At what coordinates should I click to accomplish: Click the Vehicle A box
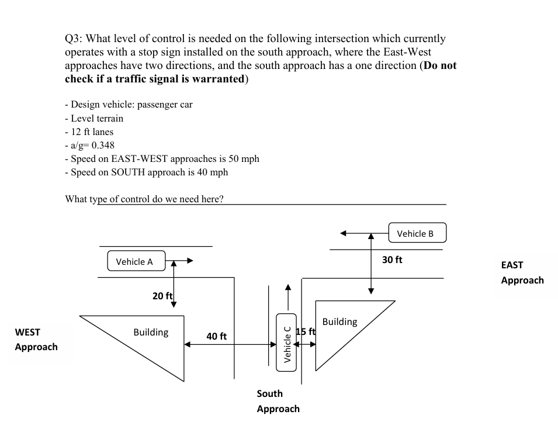[x=136, y=261]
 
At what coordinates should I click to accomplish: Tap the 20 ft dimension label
[x=162, y=296]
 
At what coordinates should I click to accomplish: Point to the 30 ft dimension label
[x=391, y=260]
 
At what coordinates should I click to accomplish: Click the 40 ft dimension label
[x=216, y=336]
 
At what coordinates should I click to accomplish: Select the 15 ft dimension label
[x=306, y=332]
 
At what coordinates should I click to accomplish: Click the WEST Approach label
[x=36, y=340]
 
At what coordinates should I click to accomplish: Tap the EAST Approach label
[x=522, y=272]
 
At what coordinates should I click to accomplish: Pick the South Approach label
[x=278, y=401]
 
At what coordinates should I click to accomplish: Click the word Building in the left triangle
[x=151, y=332]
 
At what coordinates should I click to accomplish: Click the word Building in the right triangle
[x=339, y=321]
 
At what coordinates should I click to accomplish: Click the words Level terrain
[x=97, y=118]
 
